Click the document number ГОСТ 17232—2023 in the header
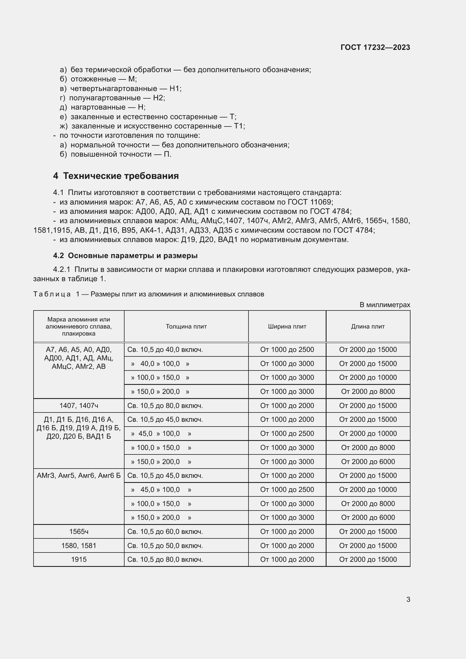pyautogui.click(x=375, y=47)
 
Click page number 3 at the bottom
pyautogui.click(x=408, y=599)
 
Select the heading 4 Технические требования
pyautogui.click(x=116, y=176)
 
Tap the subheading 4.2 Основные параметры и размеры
pyautogui.click(x=125, y=256)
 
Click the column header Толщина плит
pyautogui.click(x=186, y=326)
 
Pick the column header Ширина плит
pyautogui.click(x=287, y=326)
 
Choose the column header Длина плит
pyautogui.click(x=368, y=326)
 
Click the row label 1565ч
pyautogui.click(x=79, y=532)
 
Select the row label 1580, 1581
pyautogui.click(x=79, y=546)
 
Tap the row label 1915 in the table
pyautogui.click(x=79, y=560)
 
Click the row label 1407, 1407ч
pyautogui.click(x=79, y=405)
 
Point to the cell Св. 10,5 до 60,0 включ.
pyautogui.click(x=165, y=532)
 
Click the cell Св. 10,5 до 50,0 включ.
pyautogui.click(x=165, y=546)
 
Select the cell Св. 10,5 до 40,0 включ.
pyautogui.click(x=165, y=350)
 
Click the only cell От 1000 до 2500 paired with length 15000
pyautogui.click(x=287, y=350)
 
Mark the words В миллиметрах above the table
pyautogui.click(x=385, y=305)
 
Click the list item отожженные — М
pyautogui.click(x=104, y=79)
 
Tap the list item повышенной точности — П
pyautogui.click(x=121, y=154)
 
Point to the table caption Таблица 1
pyautogui.click(x=56, y=294)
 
